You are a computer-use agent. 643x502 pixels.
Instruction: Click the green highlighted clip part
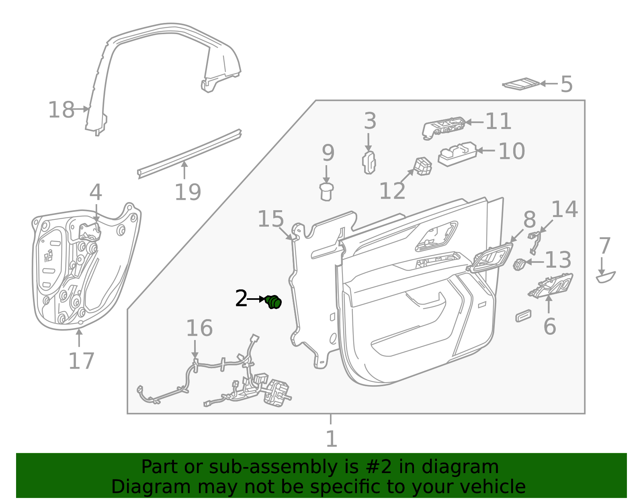pos(274,301)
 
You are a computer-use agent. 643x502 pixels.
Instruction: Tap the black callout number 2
pos(241,299)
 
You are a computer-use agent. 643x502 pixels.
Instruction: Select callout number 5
pos(566,84)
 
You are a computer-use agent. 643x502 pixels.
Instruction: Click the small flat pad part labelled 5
pos(521,84)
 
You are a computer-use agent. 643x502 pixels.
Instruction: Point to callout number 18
pos(61,110)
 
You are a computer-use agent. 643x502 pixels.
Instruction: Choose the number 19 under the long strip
pos(188,192)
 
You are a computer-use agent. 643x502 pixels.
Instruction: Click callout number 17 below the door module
pos(81,361)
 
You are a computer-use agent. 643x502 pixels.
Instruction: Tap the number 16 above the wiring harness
pos(199,328)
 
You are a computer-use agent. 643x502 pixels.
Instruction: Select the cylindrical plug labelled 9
pos(326,191)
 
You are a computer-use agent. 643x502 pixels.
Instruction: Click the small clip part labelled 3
pos(369,162)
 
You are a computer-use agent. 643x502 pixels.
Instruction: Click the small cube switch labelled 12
pos(423,166)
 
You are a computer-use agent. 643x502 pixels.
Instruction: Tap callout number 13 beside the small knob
pos(558,260)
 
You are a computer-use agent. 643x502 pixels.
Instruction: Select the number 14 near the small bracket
pos(564,209)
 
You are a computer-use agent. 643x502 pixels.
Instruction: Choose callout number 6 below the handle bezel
pos(549,326)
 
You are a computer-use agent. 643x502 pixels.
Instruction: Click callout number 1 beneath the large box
pos(331,439)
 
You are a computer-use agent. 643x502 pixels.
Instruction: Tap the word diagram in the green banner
pos(469,467)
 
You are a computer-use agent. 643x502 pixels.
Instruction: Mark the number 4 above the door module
pos(96,193)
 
